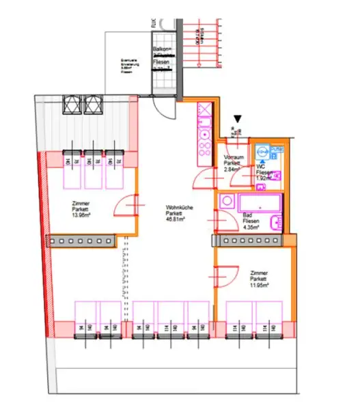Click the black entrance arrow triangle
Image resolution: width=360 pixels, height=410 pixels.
click(237, 118)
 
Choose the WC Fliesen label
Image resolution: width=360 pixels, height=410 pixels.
click(264, 171)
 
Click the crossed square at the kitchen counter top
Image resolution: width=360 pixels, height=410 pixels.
click(205, 109)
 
